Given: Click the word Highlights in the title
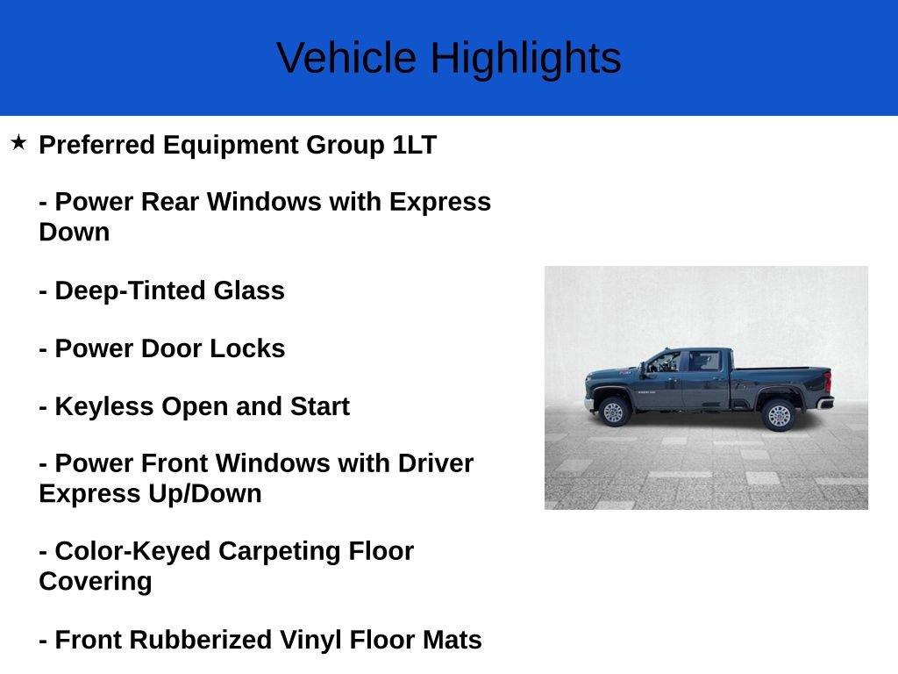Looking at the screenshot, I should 525,58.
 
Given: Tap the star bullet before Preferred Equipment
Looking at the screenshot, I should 18,142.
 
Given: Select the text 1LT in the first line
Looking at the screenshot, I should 414,145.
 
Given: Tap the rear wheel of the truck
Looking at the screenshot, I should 779,414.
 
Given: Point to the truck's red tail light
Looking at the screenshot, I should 826,382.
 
